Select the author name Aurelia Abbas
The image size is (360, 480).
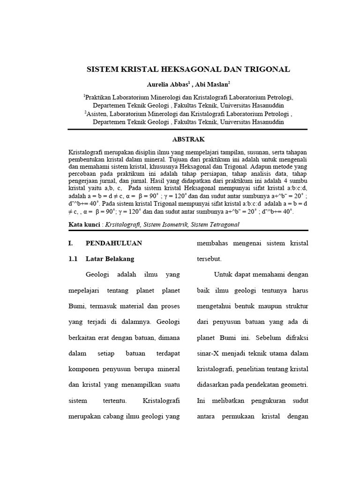(162, 84)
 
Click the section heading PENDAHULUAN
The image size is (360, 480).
(114, 243)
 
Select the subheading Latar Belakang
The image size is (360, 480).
(110, 259)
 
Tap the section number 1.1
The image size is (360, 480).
(73, 259)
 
